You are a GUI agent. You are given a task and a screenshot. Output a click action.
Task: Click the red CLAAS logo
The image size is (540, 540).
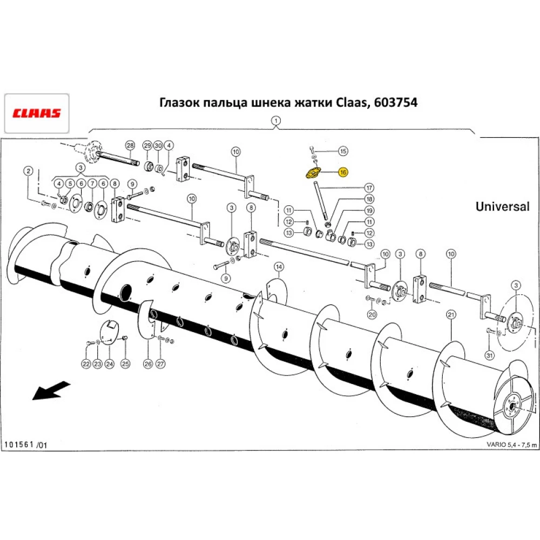(x=37, y=113)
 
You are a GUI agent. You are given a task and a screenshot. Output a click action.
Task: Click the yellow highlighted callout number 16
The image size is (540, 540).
(x=342, y=172)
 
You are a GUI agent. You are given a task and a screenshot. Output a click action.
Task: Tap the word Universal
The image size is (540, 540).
(x=502, y=206)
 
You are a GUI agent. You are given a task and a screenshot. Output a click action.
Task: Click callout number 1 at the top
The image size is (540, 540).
(x=275, y=121)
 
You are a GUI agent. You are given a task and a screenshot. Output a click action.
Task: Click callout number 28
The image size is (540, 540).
(x=130, y=146)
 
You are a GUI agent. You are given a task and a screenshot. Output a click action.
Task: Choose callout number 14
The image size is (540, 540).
(x=278, y=266)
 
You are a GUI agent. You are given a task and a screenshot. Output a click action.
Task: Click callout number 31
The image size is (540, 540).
(x=489, y=355)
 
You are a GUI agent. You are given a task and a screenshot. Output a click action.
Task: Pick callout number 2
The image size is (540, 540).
(x=28, y=171)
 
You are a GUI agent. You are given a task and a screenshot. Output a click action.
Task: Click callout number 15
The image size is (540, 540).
(x=343, y=151)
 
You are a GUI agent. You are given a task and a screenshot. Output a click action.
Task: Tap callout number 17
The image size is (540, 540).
(x=369, y=188)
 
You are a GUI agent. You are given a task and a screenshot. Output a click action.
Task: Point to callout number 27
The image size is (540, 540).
(x=160, y=364)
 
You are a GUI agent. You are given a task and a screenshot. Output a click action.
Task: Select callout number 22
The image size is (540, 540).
(x=86, y=364)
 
